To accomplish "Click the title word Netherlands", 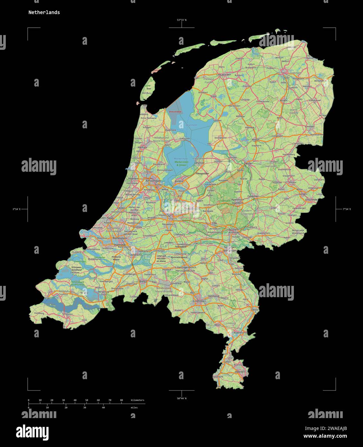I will [x=44, y=13].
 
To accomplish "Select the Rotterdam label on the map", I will [x=119, y=238].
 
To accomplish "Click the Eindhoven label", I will [x=199, y=301].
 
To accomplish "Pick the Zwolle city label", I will [x=248, y=163].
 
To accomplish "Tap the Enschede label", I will [x=312, y=199].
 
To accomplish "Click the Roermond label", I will [x=240, y=333].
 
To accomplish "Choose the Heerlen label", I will [x=240, y=371].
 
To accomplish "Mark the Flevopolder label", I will [x=202, y=174].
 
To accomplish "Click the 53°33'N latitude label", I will [x=182, y=20].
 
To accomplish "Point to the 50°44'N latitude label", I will [x=182, y=398].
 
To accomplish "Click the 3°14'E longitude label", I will [x=16, y=209].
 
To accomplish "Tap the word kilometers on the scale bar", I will [x=138, y=400].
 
